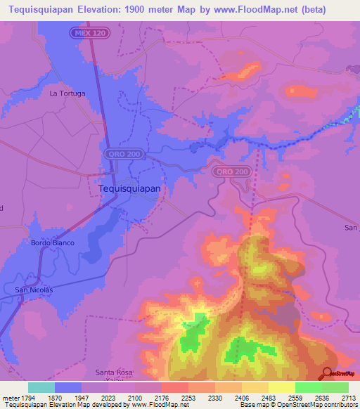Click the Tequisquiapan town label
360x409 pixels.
pyautogui.click(x=129, y=188)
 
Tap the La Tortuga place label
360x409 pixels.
pyautogui.click(x=67, y=93)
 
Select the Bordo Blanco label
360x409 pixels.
pyautogui.click(x=52, y=243)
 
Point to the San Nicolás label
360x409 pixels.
pyautogui.click(x=34, y=289)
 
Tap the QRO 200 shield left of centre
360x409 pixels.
pyautogui.click(x=123, y=153)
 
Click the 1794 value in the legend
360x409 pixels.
pyautogui.click(x=27, y=397)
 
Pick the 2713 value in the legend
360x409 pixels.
pyautogui.click(x=349, y=397)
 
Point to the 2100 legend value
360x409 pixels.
pyautogui.click(x=135, y=397)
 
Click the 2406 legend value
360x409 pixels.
pyautogui.click(x=241, y=397)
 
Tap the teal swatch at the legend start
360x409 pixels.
pyautogui.click(x=41, y=387)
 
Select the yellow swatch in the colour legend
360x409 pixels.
pyautogui.click(x=281, y=387)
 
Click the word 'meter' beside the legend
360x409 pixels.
pyautogui.click(x=9, y=397)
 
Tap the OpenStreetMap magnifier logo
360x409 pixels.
pyautogui.click(x=328, y=375)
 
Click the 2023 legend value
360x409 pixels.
pyautogui.click(x=108, y=397)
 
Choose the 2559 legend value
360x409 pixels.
pyautogui.click(x=295, y=397)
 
